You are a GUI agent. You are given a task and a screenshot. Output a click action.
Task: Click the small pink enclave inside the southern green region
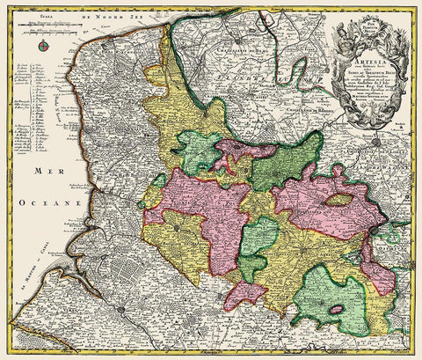[335, 311]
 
